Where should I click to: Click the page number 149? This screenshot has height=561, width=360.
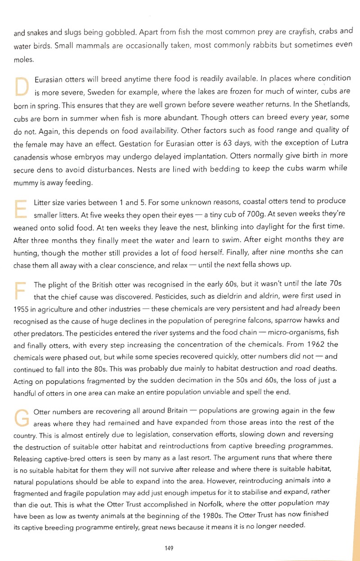tap(169, 548)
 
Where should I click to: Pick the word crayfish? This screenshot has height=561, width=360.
tap(283, 33)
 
